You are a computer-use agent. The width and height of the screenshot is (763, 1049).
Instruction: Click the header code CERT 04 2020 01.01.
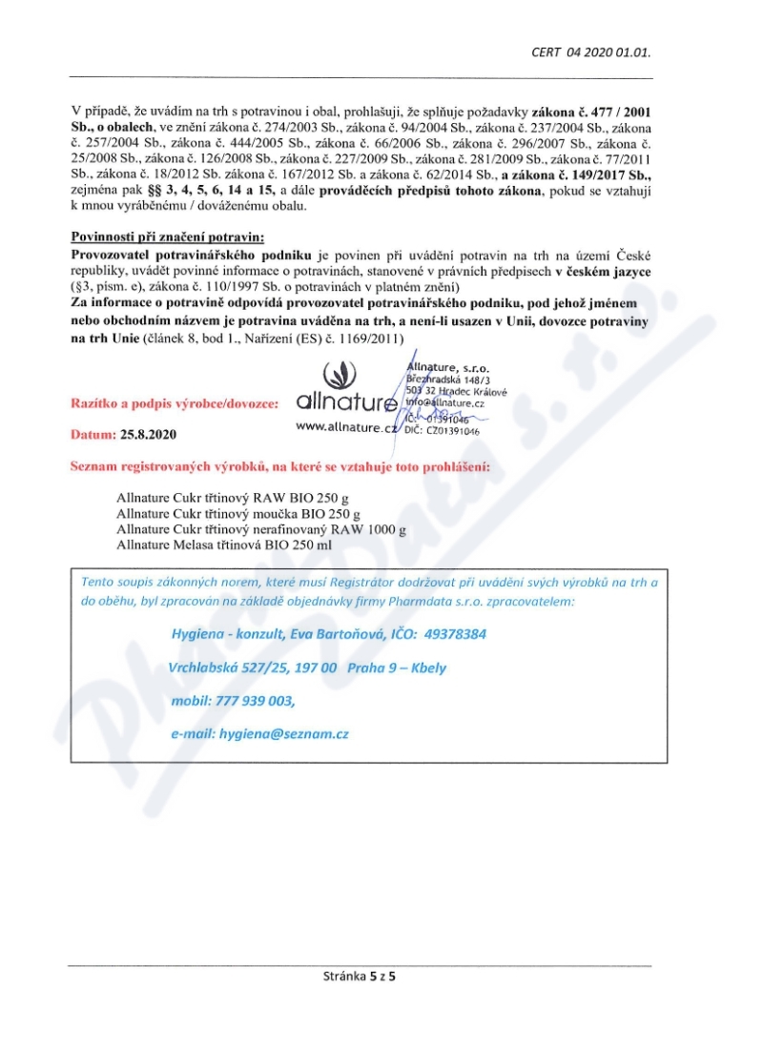click(597, 51)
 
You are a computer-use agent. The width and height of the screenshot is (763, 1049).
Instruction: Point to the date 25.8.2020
click(148, 434)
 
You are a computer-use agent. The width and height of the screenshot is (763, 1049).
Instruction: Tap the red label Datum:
click(93, 434)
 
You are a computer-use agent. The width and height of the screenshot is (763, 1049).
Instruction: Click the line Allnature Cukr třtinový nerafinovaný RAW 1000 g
click(261, 528)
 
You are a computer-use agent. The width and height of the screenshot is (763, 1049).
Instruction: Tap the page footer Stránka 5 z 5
click(361, 976)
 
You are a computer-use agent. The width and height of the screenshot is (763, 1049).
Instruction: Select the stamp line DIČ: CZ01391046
click(442, 431)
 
